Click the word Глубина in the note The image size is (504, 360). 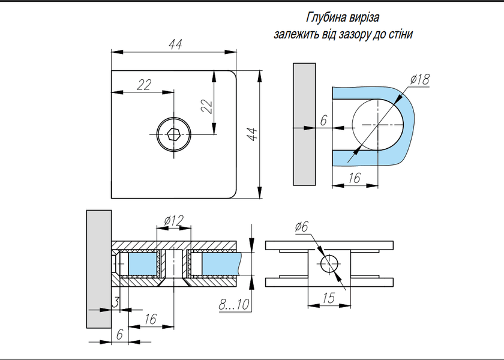[x=326, y=17]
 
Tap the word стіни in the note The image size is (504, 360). [x=401, y=34]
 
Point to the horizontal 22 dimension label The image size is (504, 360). [x=143, y=85]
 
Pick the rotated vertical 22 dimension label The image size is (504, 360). [x=206, y=107]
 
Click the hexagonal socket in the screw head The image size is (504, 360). [x=173, y=134]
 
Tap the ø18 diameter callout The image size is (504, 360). [x=420, y=79]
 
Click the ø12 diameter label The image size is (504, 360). [x=174, y=221]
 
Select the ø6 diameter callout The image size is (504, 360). [x=301, y=227]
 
